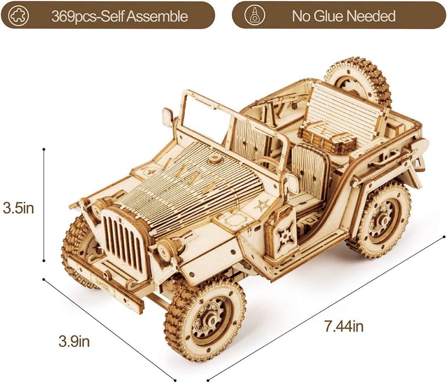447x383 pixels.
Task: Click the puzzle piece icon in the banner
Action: coord(18,16)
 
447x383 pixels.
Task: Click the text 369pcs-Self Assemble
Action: coord(119,16)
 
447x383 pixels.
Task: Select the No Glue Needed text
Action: coord(343,16)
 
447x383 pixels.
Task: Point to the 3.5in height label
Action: coord(18,208)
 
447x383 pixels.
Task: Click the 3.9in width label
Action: coord(74,341)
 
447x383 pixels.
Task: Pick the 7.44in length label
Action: coord(344,326)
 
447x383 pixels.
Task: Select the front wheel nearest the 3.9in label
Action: coord(205,317)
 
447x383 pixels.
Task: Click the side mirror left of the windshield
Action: coord(167,117)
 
